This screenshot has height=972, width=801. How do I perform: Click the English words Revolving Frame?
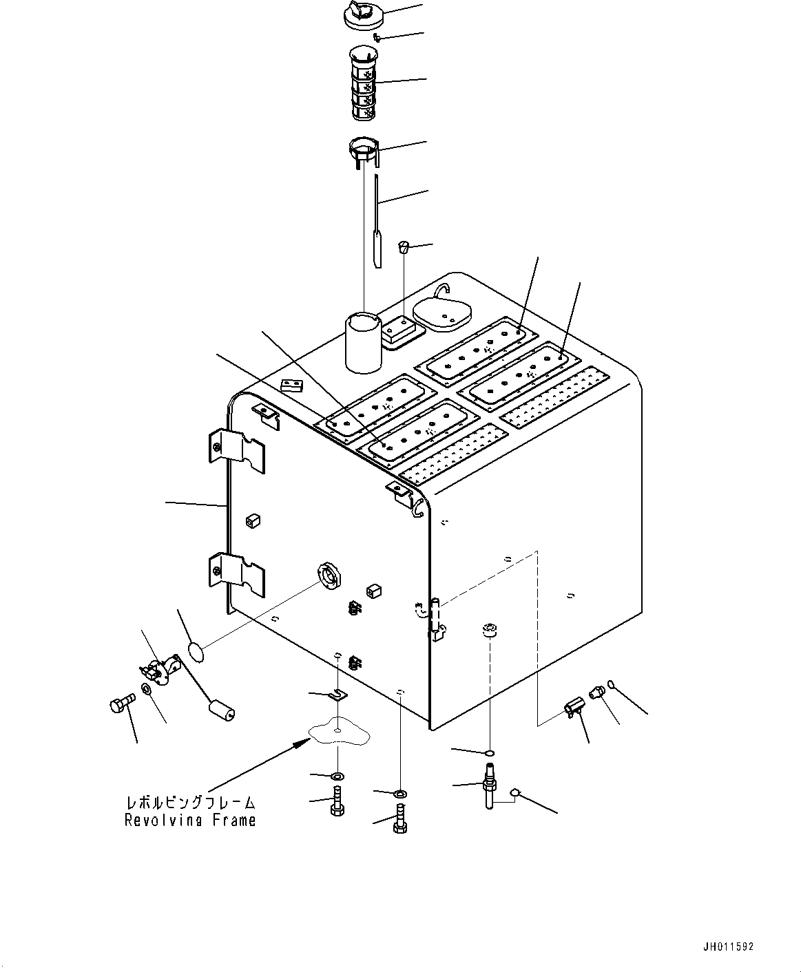pos(190,821)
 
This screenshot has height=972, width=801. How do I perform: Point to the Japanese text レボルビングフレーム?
pos(190,803)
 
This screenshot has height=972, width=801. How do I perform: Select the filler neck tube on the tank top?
pos(363,342)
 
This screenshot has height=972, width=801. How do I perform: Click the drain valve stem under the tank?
pos(490,785)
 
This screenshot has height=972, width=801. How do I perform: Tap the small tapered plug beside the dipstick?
pos(404,246)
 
